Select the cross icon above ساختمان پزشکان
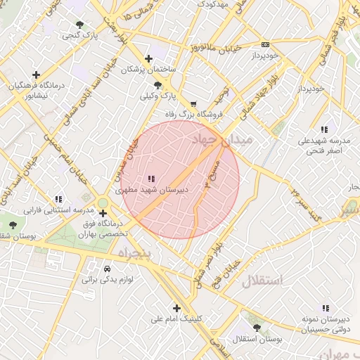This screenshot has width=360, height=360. point(147,59)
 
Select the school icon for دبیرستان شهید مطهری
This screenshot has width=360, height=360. point(150,179)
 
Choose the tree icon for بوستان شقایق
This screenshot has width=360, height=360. point(13,225)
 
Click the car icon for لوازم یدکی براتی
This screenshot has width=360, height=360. point(106,269)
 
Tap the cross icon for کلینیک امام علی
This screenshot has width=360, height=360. point(176,308)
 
